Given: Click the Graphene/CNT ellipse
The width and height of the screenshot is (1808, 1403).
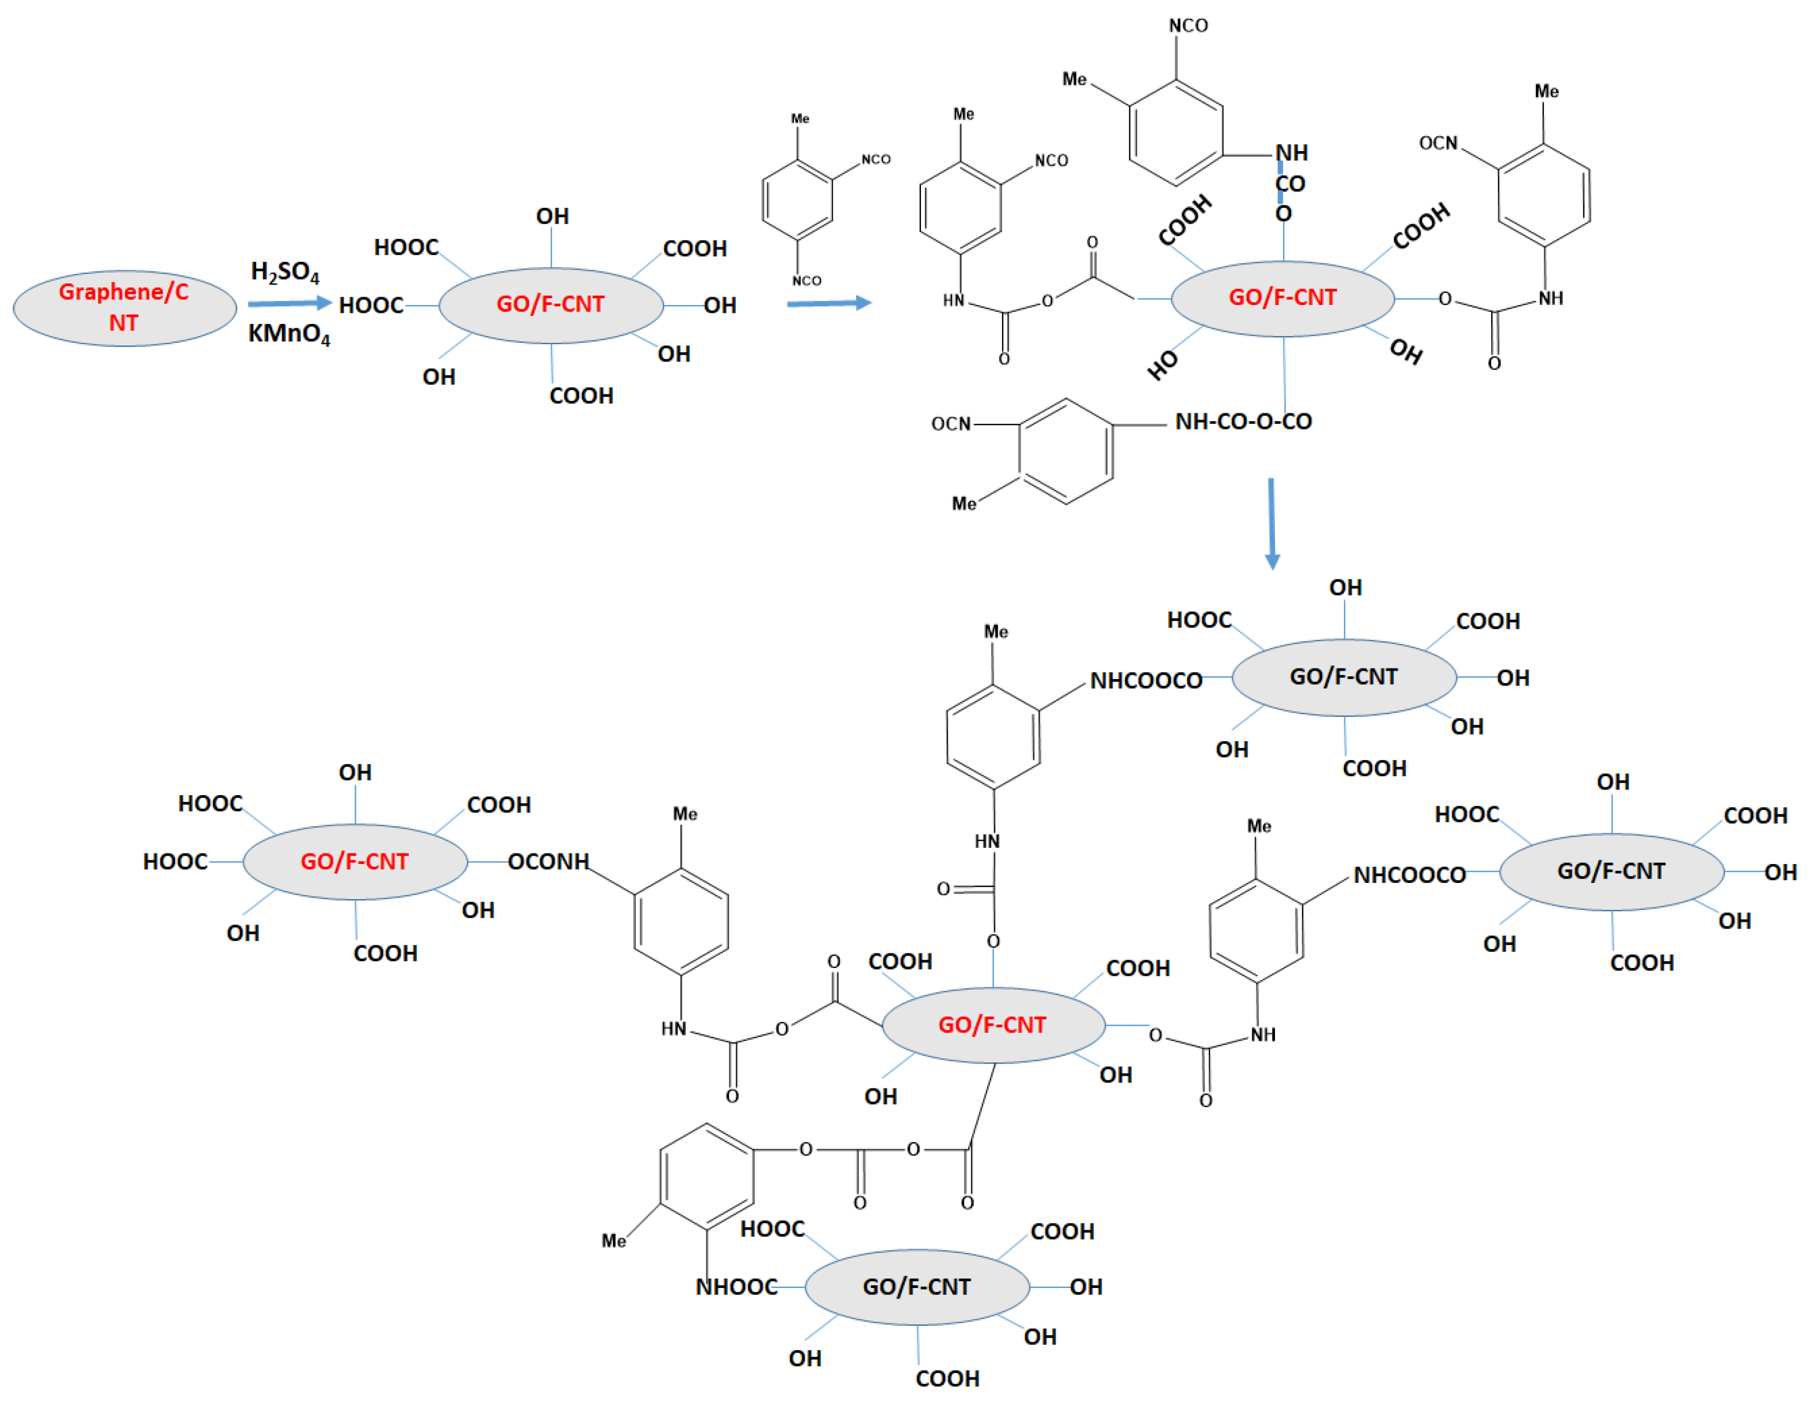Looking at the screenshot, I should coord(124,307).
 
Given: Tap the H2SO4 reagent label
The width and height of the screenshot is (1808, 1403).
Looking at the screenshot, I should coord(285,272).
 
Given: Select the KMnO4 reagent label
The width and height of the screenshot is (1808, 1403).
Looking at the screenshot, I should coord(289,333).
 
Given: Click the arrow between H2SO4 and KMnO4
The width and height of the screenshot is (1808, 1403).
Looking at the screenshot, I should coord(289,304).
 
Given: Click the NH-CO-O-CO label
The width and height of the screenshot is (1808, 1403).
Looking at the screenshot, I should coord(1243,422).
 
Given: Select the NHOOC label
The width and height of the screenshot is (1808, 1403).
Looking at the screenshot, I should coord(736,1287).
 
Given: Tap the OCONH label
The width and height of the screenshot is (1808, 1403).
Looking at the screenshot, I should coord(548,862).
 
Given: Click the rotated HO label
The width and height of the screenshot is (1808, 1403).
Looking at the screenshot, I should coord(1162,364).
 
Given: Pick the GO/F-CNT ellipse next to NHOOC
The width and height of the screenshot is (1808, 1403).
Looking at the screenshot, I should coord(917,1287).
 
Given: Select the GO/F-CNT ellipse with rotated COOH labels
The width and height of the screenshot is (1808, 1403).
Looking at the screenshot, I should coord(1282,298).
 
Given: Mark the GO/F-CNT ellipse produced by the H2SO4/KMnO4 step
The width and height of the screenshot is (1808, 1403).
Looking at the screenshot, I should coord(550,304).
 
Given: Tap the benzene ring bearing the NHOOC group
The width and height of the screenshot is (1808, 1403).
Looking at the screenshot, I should coord(706,1175).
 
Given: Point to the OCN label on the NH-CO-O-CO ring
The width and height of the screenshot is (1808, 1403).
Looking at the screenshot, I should coord(950,424).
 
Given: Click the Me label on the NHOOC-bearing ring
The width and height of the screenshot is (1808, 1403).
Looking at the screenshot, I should coord(614,1241).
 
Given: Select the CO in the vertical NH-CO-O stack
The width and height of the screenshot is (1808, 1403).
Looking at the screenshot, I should coord(1290,184).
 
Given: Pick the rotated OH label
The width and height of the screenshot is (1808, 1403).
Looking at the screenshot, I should coord(1406,351).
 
